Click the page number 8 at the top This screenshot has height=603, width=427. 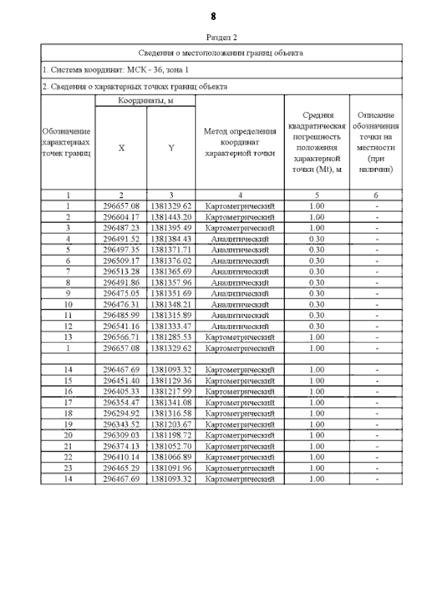coord(213,16)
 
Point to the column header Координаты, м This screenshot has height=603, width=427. coord(145,100)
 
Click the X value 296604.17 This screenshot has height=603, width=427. coord(121,217)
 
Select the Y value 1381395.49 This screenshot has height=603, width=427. coord(171,227)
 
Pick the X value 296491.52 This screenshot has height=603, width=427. coord(121,239)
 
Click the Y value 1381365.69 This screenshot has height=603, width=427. coord(171,271)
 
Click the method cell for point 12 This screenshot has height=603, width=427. coord(240,326)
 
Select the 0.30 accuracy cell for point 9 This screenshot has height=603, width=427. coord(317,293)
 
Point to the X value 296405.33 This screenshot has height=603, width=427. coord(121,391)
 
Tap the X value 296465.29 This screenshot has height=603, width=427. coord(121,468)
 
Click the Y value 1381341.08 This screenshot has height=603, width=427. coord(171,402)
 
